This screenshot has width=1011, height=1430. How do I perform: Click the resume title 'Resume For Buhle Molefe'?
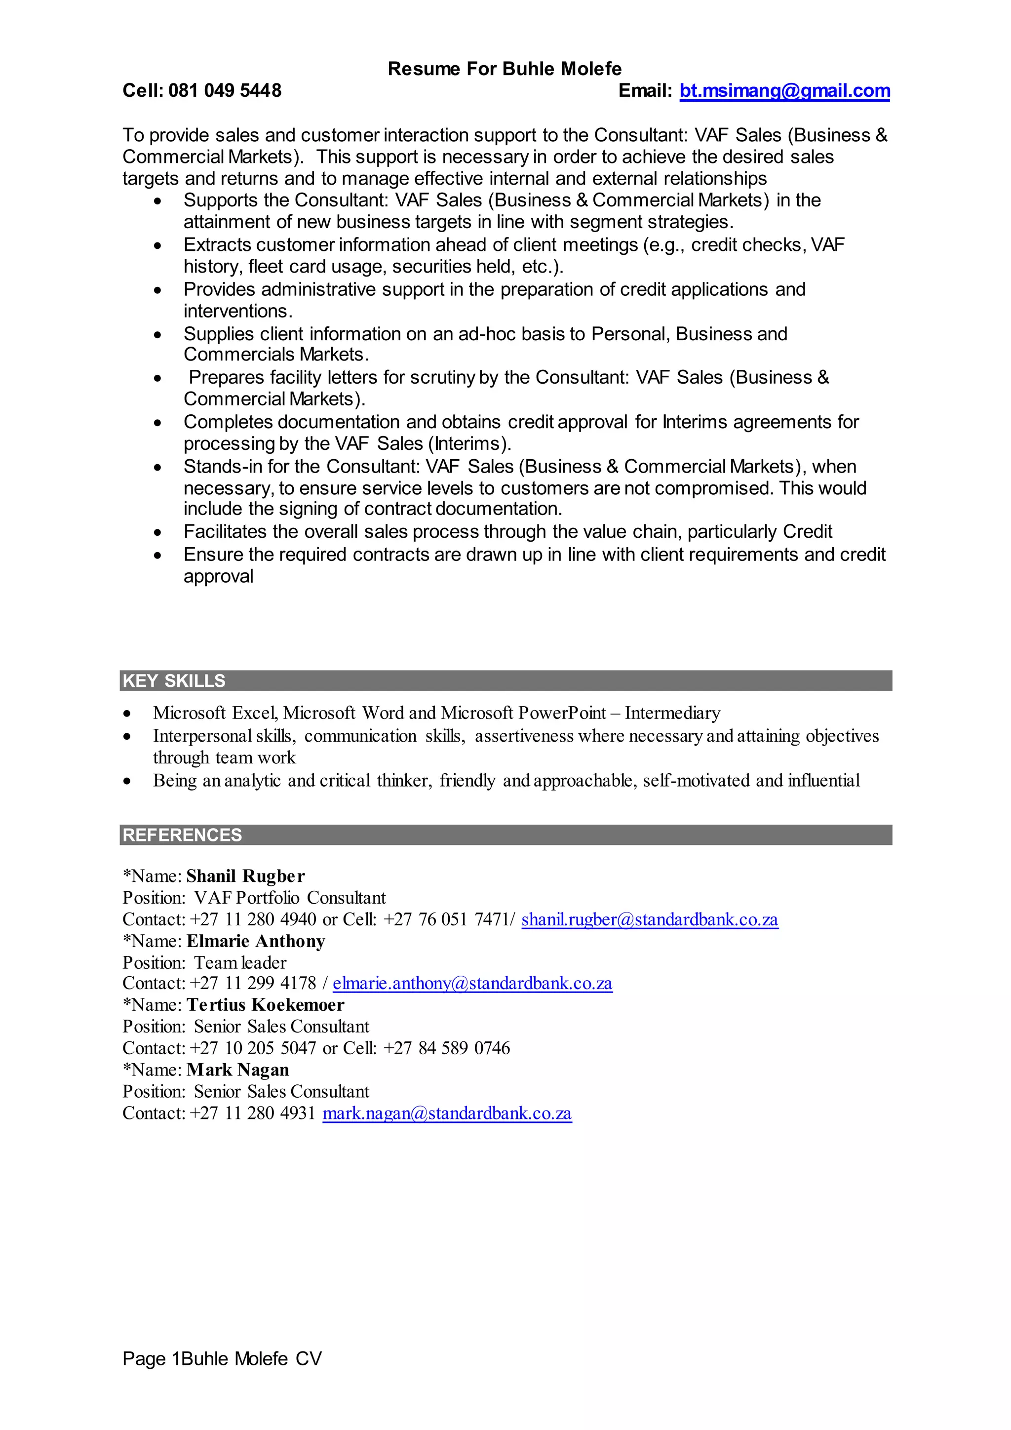tap(504, 69)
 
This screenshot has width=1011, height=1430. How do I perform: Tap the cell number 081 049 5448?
tap(225, 91)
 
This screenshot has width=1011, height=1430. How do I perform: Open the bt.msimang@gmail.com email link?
tap(784, 91)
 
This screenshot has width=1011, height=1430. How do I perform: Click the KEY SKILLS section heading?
tap(174, 681)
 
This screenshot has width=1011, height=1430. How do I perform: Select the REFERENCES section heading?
tap(182, 835)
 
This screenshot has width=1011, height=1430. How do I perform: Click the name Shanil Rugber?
tap(245, 876)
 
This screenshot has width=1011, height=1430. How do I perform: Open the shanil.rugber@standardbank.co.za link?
tap(649, 919)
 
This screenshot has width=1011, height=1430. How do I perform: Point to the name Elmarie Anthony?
tap(256, 941)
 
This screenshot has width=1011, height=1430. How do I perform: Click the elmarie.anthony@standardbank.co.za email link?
tap(472, 984)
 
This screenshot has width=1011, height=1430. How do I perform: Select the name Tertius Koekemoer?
tap(265, 1005)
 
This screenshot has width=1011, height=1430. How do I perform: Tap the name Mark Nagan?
tap(238, 1070)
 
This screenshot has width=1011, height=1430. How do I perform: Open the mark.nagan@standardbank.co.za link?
tap(447, 1113)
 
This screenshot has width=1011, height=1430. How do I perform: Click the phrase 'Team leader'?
tap(240, 963)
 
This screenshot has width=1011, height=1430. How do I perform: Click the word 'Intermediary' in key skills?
tap(672, 713)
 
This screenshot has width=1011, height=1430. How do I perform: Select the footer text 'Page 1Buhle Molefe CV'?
tap(222, 1358)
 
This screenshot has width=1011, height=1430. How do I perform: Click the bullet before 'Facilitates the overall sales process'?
tap(158, 532)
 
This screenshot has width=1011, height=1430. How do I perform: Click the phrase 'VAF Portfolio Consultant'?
tap(289, 898)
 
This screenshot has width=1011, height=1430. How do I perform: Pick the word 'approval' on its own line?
tap(218, 577)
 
